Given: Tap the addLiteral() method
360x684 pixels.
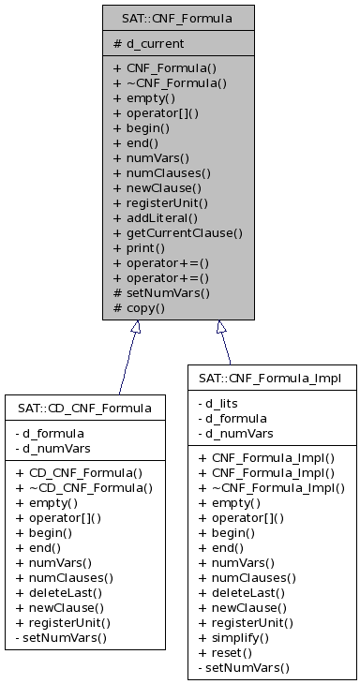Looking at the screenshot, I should tap(154, 217).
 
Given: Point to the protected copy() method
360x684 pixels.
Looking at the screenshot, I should tap(140, 307).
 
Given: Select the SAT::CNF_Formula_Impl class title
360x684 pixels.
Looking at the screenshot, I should tap(269, 378).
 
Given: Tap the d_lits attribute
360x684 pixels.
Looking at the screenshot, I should tap(223, 403).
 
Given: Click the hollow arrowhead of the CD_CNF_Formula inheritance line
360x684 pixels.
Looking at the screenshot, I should tap(136, 327).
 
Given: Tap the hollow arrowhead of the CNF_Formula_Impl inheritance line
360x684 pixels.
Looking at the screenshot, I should tap(220, 327).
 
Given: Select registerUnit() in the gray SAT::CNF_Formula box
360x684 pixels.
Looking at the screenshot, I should tap(160, 202).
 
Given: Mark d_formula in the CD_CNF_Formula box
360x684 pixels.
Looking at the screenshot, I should tap(53, 433).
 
